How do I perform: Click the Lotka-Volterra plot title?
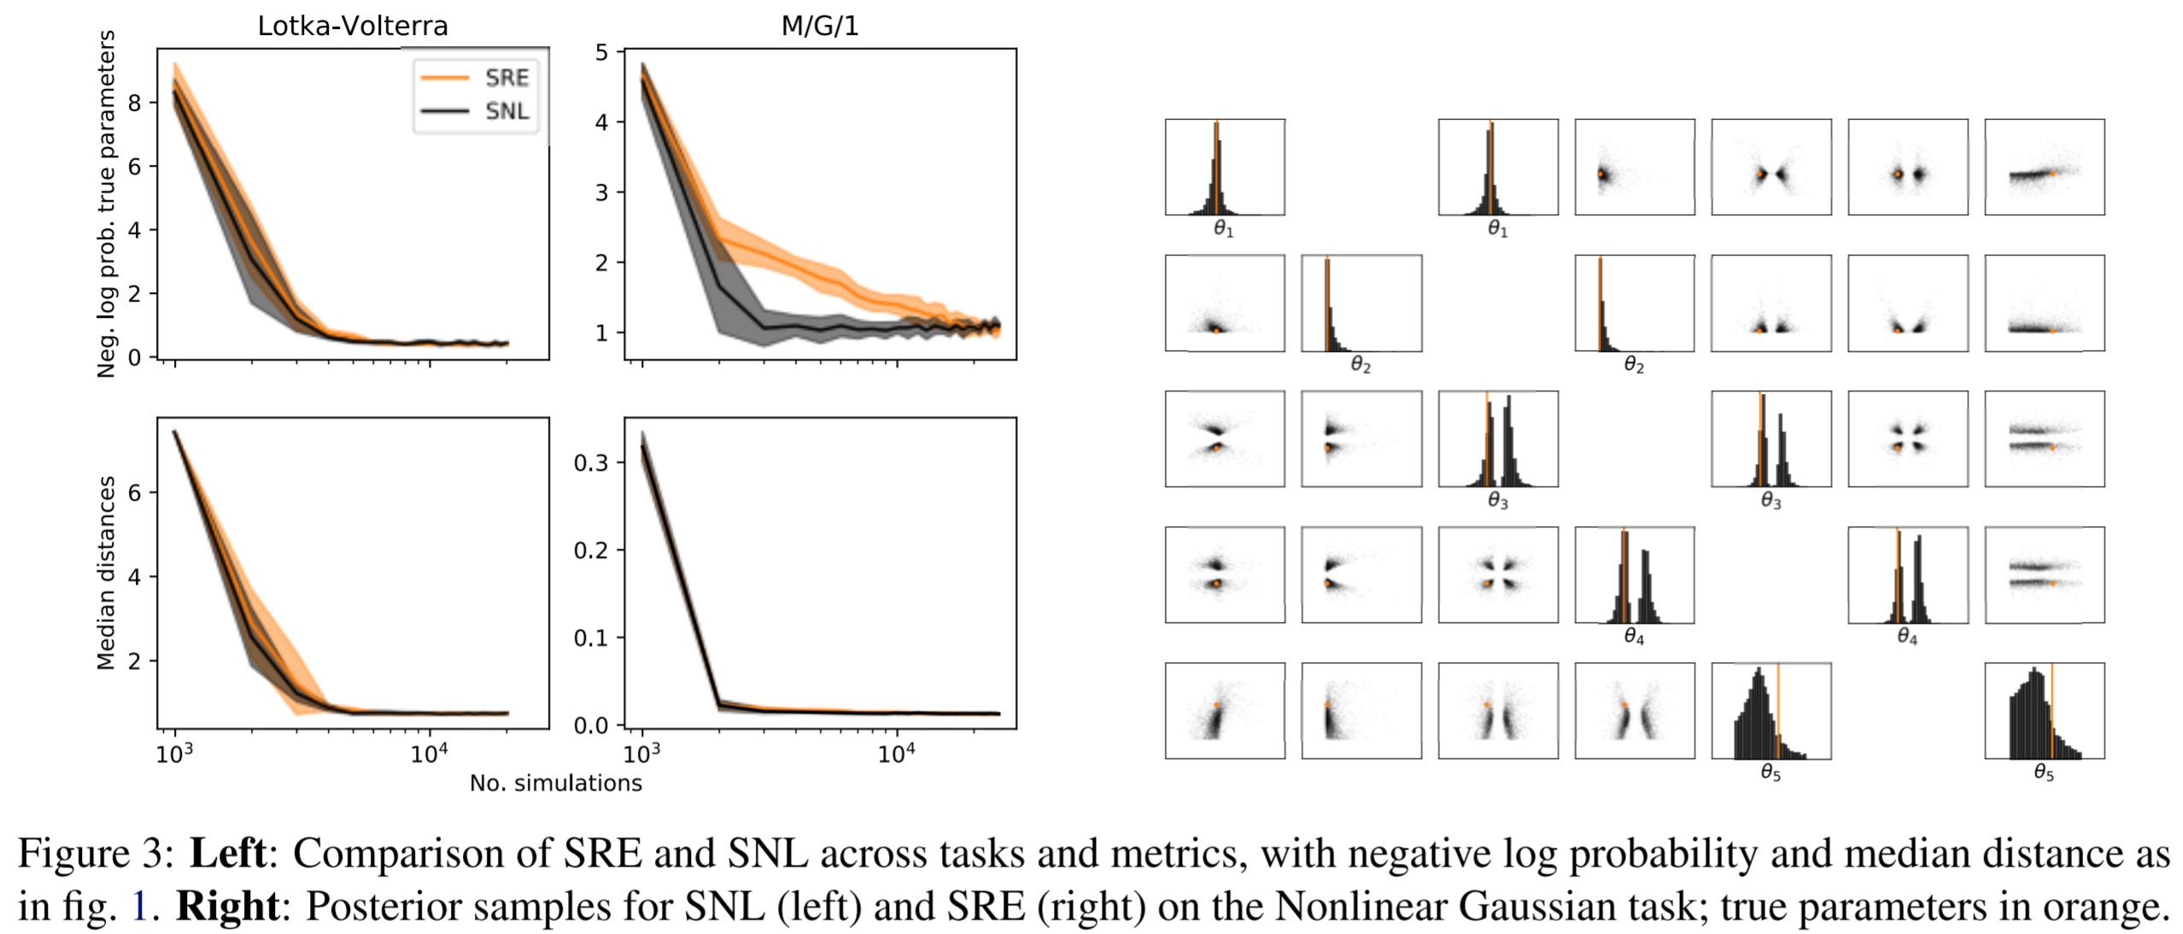[x=352, y=26]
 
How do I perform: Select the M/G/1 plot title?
[x=819, y=26]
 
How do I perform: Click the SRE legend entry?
[x=506, y=78]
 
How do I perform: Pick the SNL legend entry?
[x=506, y=111]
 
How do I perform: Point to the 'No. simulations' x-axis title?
[x=555, y=783]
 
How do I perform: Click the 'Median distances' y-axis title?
[x=105, y=573]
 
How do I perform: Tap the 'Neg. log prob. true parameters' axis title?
[x=105, y=203]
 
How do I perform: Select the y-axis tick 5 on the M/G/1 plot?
[x=601, y=52]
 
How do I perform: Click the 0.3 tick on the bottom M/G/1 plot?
[x=590, y=463]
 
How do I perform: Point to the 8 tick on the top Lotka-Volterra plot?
[x=134, y=103]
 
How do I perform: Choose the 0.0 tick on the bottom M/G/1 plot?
[x=590, y=725]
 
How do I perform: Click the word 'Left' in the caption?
[x=227, y=853]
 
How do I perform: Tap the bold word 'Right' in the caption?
[x=227, y=906]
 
